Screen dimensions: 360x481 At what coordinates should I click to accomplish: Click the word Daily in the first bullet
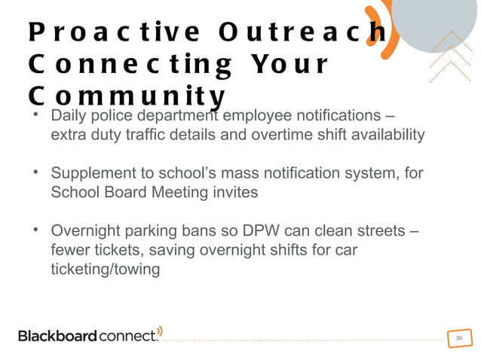coord(69,117)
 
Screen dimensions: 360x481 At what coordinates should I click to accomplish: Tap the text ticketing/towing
coord(105,268)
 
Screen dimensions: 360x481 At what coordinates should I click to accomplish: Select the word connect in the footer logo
coord(128,336)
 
